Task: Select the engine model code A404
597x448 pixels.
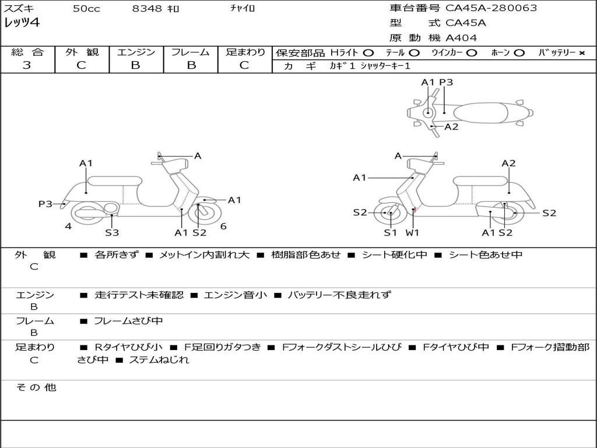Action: point(461,38)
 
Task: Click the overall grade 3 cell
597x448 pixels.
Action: point(27,65)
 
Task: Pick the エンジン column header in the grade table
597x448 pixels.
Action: point(136,52)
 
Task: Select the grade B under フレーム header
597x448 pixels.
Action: point(191,65)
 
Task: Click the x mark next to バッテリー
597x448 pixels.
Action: point(582,52)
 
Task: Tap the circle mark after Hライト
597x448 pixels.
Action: point(369,52)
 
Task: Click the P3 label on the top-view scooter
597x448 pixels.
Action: point(446,82)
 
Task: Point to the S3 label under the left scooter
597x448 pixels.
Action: point(112,233)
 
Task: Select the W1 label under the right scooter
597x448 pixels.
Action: point(413,233)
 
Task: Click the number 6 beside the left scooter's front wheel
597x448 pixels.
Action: point(223,226)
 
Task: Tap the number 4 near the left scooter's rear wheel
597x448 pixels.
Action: point(68,226)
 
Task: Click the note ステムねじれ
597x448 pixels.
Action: point(159,360)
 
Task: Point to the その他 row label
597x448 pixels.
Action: point(36,387)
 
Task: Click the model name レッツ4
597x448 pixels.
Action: point(22,23)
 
